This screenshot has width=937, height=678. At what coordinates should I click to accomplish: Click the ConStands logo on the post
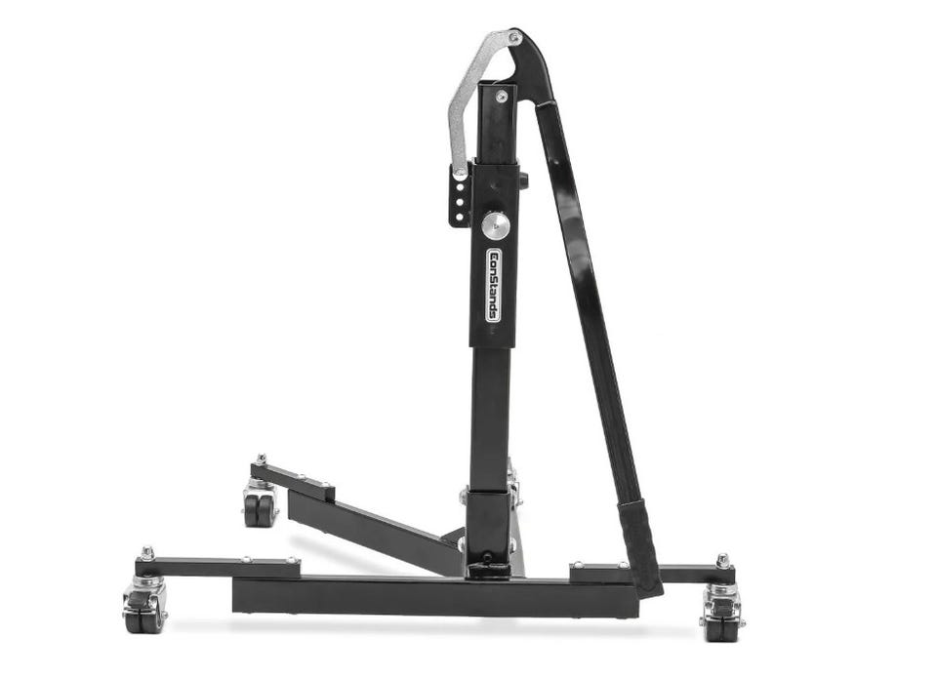point(494,286)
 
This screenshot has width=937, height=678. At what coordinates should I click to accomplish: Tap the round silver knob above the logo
point(496,225)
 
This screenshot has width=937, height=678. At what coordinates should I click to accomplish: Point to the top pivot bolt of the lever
point(514,38)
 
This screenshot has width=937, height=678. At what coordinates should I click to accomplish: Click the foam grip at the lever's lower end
point(639,546)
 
